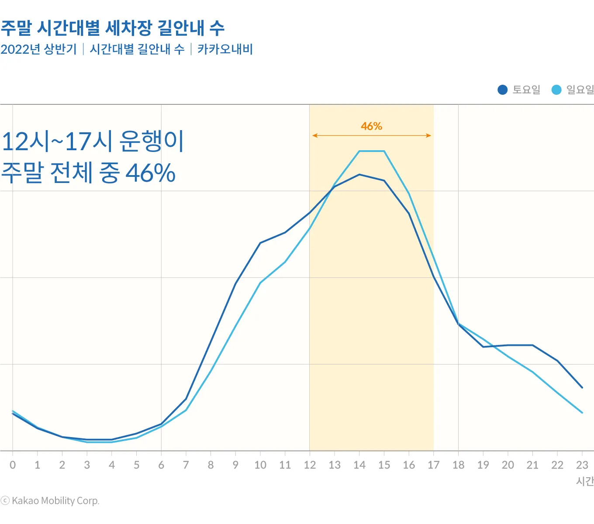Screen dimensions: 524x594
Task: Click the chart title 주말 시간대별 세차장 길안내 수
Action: point(112,28)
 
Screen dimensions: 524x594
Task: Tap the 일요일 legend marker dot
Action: point(556,90)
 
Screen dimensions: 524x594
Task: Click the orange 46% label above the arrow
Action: point(371,126)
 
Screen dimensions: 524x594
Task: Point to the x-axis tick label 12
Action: point(310,465)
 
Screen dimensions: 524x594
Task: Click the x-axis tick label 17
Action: point(433,465)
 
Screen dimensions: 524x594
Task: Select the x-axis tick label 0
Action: point(13,465)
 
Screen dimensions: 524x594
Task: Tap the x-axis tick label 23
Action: point(582,465)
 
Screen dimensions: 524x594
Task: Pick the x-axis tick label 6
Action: point(161,465)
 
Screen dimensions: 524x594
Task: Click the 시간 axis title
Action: point(585,481)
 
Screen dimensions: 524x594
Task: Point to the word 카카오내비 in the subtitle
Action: point(225,49)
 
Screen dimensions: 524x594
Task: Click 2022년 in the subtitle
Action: point(21,49)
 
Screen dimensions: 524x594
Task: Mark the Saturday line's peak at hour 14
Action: point(359,175)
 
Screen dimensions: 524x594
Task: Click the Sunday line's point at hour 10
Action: point(260,283)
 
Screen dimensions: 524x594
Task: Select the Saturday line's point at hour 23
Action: point(582,387)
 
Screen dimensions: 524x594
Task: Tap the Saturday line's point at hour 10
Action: point(260,243)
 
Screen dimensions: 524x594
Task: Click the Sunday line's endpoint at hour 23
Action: point(582,412)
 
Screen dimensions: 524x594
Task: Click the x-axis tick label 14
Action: point(359,465)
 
